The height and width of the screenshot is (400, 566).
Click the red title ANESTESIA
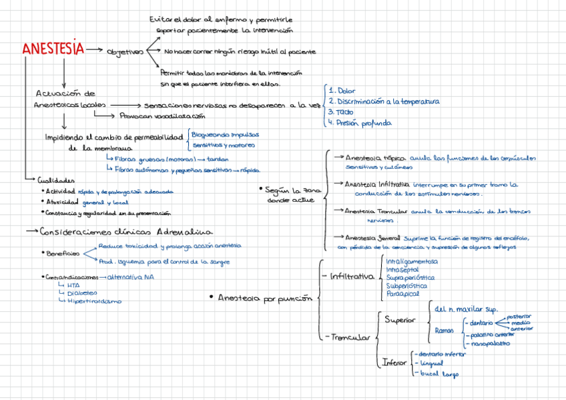click(53, 49)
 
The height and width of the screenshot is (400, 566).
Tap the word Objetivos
click(125, 51)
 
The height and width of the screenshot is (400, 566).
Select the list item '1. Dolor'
click(342, 90)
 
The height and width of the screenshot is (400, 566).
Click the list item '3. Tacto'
click(340, 112)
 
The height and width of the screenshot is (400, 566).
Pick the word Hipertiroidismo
click(94, 301)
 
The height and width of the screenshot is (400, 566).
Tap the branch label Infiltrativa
click(352, 276)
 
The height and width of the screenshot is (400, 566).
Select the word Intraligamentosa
click(412, 261)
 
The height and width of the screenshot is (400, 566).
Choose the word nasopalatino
click(491, 343)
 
